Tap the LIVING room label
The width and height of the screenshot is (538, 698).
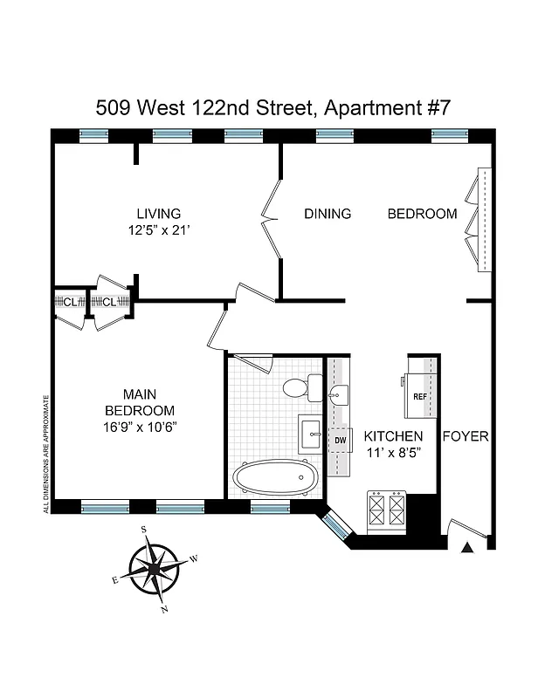pyautogui.click(x=158, y=214)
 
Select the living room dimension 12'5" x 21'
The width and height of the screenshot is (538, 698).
pyautogui.click(x=158, y=231)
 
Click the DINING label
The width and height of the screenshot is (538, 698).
pyautogui.click(x=327, y=214)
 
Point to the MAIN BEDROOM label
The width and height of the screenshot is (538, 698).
pyautogui.click(x=139, y=403)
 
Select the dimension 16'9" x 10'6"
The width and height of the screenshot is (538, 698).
pyautogui.click(x=139, y=427)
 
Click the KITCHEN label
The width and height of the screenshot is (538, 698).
pyautogui.click(x=393, y=436)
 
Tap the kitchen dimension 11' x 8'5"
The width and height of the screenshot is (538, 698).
pyautogui.click(x=393, y=453)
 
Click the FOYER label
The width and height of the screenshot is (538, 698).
pyautogui.click(x=466, y=436)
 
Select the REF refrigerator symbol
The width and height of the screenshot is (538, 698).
pyautogui.click(x=420, y=395)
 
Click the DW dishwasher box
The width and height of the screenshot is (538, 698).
pyautogui.click(x=340, y=441)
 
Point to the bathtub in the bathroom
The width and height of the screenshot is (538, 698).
pyautogui.click(x=271, y=477)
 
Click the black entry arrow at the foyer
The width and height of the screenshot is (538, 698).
pyautogui.click(x=467, y=547)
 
